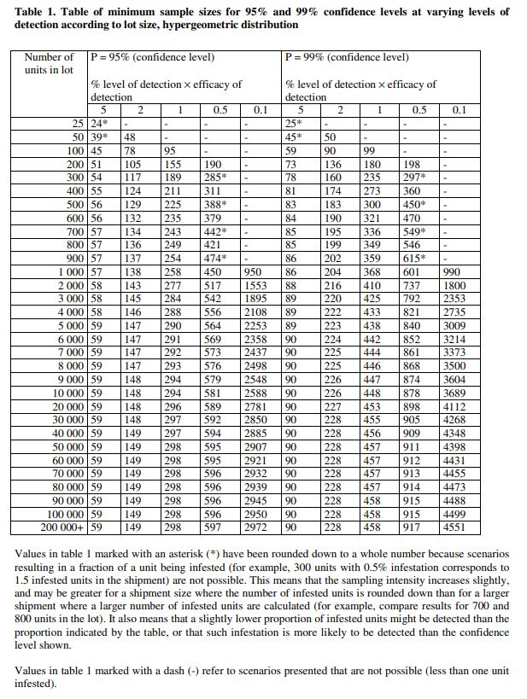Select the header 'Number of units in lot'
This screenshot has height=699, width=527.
click(x=49, y=63)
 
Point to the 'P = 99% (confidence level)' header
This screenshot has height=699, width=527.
click(x=348, y=57)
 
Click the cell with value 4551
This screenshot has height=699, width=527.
click(x=454, y=527)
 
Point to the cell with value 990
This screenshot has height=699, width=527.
click(x=452, y=271)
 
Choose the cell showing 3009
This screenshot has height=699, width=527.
click(x=454, y=324)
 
